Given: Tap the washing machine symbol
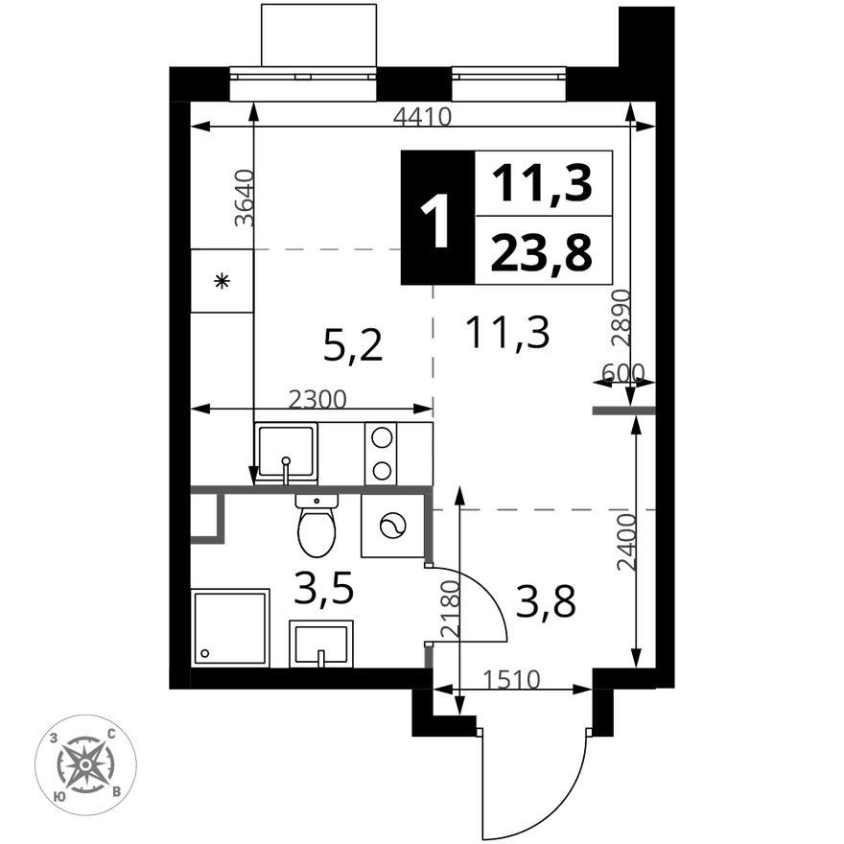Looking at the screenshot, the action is coord(393,526).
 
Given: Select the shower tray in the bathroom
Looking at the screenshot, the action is coord(230,628).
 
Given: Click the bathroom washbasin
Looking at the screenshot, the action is coord(321,644).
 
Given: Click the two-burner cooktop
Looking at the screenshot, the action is coord(381,454).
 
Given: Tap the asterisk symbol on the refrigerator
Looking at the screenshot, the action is coord(222,280).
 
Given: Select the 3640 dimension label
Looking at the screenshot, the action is coord(244,198).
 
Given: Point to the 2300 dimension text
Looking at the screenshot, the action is coord(317,399).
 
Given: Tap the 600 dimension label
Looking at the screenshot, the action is coord(622,372).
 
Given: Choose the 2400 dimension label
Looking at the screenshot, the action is coord(626,542).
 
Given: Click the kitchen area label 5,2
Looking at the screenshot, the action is coord(353,346).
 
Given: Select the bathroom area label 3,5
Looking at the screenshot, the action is coord(323,588).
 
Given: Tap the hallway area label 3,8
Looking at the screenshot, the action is coord(546,600).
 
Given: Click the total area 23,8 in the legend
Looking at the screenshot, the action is coord(542,251).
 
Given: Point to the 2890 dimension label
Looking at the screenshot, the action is coord(621,318).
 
